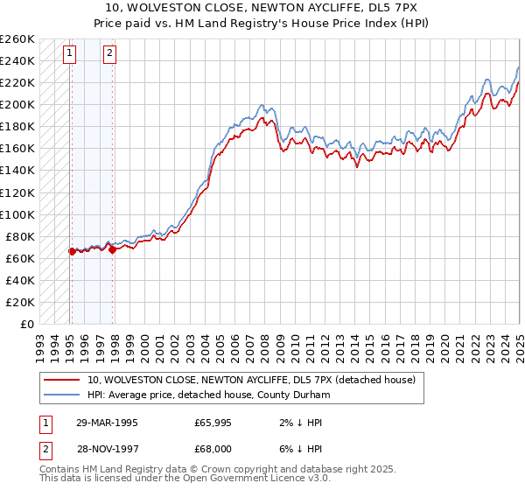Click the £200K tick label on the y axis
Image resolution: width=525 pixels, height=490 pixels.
point(17,105)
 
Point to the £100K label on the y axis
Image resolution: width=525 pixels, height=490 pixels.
point(17,214)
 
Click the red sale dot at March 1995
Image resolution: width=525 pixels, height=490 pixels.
point(72,251)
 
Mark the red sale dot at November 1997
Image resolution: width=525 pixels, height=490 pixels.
point(112,249)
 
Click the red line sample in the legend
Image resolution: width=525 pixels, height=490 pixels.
point(62,380)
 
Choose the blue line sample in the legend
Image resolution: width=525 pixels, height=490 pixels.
point(62,394)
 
